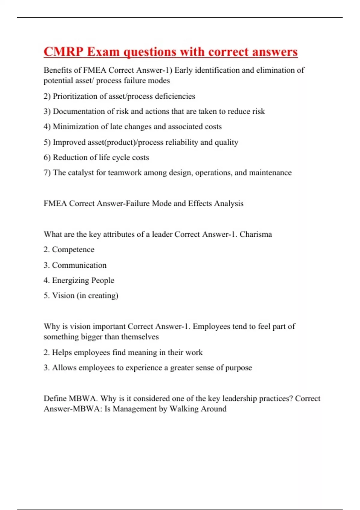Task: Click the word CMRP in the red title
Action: [63, 52]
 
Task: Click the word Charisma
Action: [256, 234]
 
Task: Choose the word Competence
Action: [73, 250]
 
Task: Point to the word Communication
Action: [79, 265]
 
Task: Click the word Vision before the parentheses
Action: [63, 296]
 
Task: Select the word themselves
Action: [140, 337]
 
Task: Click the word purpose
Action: [238, 368]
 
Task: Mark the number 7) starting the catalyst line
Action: [47, 173]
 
